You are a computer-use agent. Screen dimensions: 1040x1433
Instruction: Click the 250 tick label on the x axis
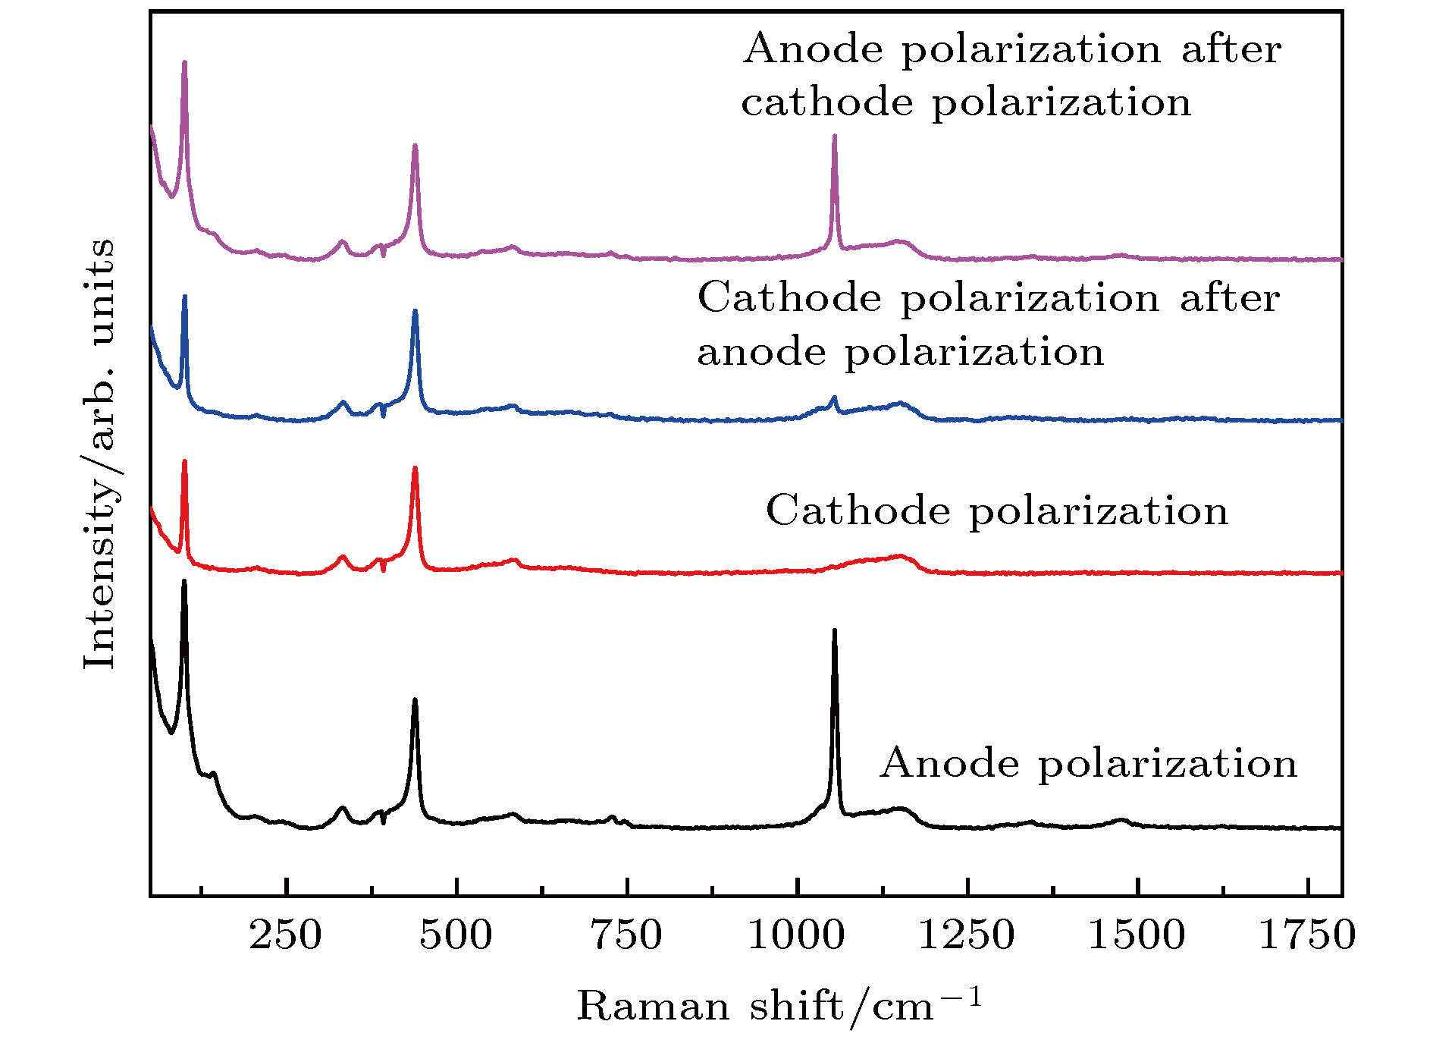click(285, 935)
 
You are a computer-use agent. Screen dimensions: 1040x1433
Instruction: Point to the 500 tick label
click(456, 935)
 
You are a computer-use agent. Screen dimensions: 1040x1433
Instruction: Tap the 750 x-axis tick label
click(626, 935)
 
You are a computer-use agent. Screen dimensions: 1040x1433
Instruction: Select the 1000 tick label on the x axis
click(796, 935)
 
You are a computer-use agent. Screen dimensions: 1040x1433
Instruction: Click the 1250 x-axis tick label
click(967, 935)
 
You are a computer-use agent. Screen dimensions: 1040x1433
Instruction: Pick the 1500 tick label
click(1137, 935)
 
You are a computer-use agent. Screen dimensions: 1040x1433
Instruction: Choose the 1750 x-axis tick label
click(1307, 935)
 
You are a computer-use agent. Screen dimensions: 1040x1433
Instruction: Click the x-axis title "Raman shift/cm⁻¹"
click(779, 1007)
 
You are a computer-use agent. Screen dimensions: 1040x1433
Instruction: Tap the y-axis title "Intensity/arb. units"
click(100, 454)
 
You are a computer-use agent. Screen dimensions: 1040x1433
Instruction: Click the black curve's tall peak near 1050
click(835, 631)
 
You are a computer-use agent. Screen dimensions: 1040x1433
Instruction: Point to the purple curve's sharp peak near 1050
click(835, 137)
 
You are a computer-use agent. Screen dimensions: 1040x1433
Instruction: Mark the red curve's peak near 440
click(415, 469)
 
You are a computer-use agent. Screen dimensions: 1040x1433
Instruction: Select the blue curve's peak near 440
click(415, 312)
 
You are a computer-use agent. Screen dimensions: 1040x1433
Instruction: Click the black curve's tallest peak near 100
click(184, 582)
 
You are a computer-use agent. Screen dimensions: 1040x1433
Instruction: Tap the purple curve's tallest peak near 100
click(184, 63)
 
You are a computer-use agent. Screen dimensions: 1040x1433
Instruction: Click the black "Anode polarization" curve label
click(1089, 763)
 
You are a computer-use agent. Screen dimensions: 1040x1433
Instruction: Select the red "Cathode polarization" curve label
click(997, 511)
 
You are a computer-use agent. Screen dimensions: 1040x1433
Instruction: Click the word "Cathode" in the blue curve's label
click(789, 298)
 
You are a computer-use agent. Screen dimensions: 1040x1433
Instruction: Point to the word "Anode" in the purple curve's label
click(813, 50)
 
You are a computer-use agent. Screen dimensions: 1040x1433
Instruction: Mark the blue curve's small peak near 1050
click(835, 397)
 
